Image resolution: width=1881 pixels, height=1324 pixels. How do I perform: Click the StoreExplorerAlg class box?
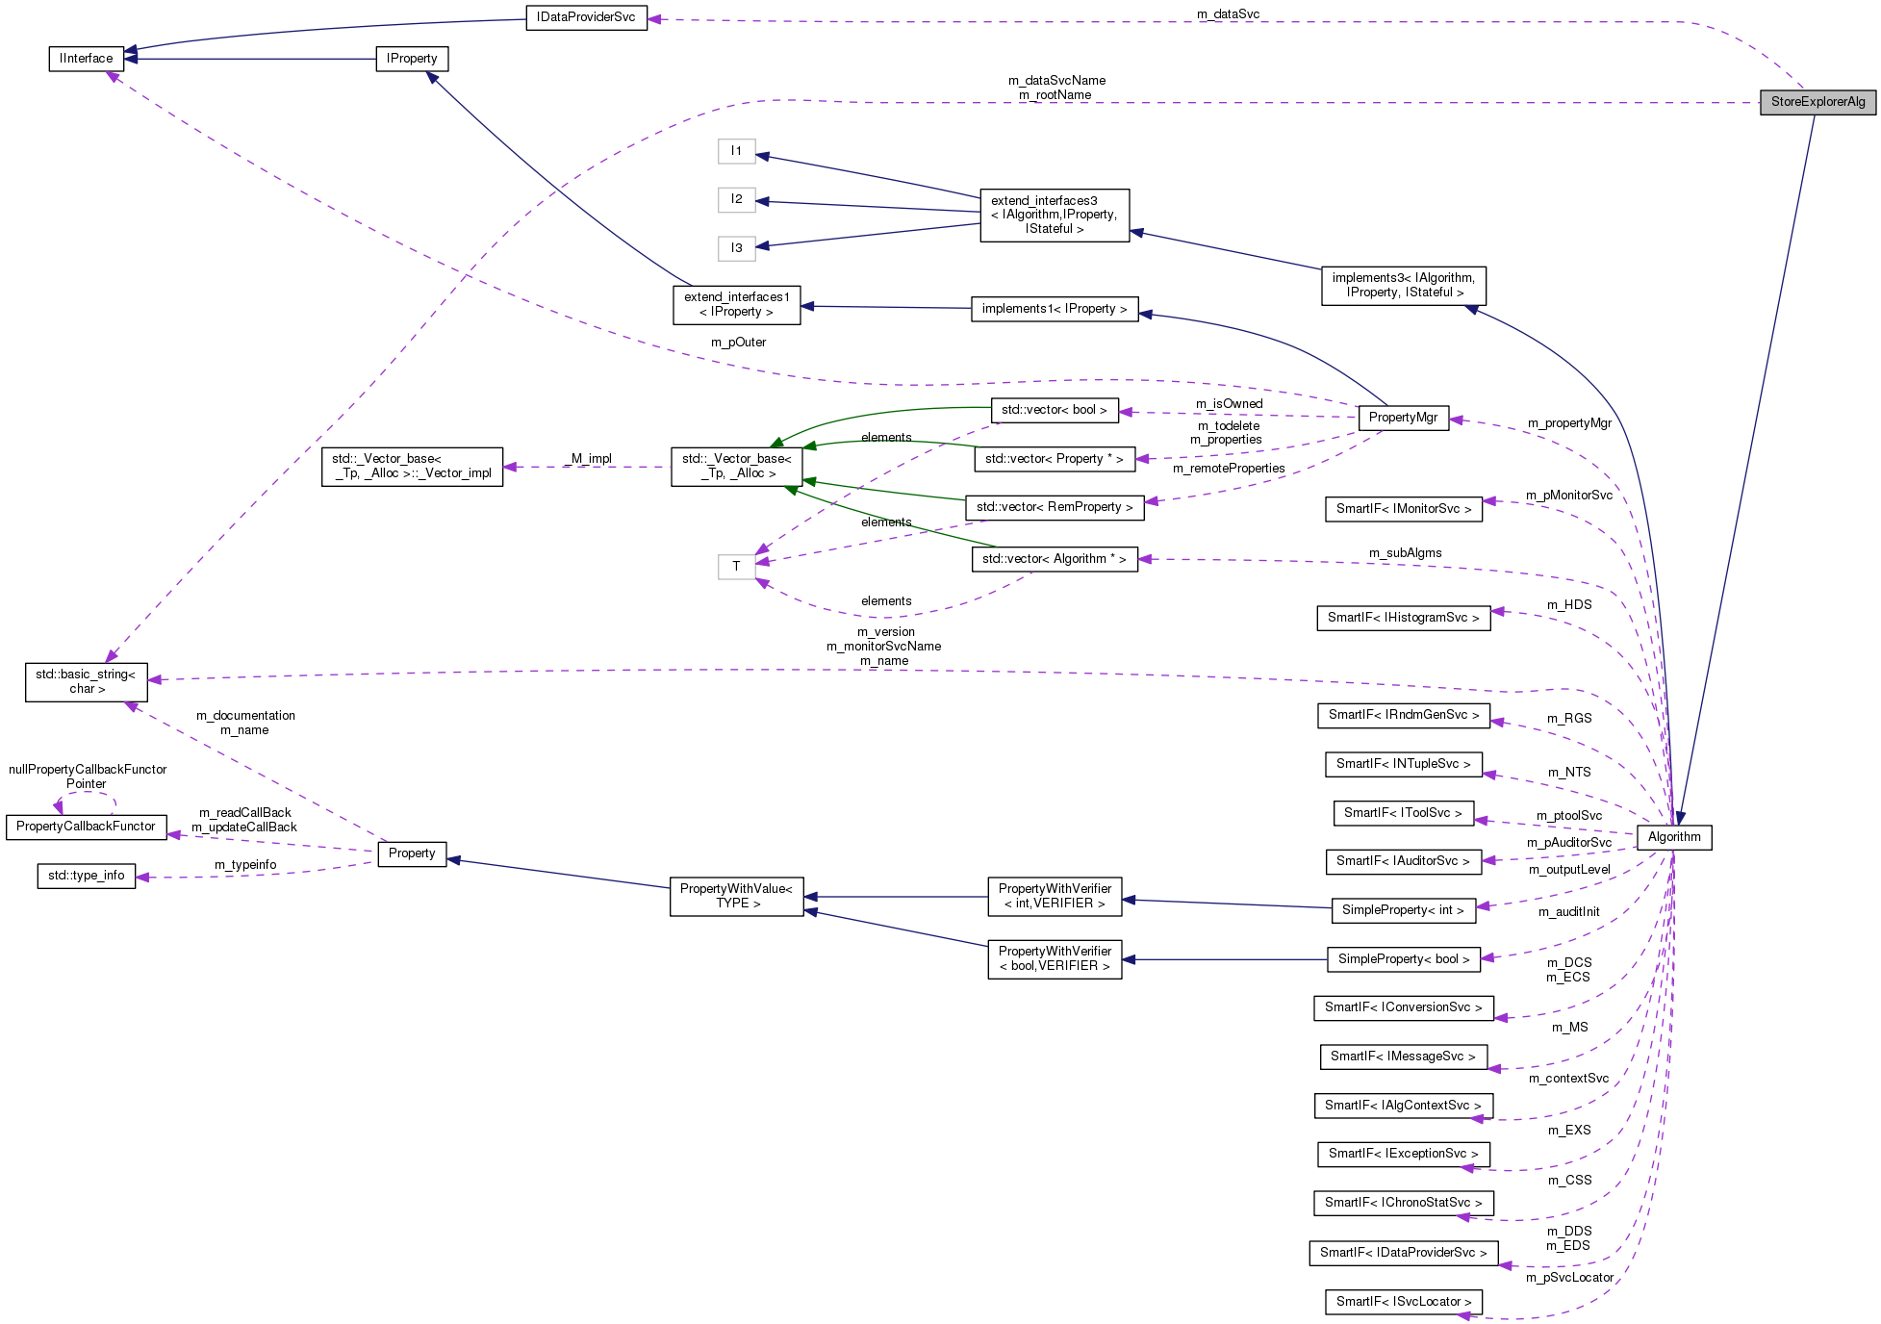tap(1817, 102)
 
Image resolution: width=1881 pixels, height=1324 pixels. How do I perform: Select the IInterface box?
tap(87, 59)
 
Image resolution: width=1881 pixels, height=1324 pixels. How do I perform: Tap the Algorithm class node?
tap(1673, 837)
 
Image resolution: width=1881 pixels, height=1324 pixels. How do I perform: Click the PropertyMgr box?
tap(1402, 418)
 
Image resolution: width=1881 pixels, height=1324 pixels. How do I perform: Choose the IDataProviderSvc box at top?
tap(586, 17)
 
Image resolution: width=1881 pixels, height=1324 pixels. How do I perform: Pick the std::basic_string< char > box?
tap(87, 681)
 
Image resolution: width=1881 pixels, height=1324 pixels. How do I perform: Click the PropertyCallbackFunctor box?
tap(86, 827)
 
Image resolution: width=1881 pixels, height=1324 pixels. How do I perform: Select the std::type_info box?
tap(87, 876)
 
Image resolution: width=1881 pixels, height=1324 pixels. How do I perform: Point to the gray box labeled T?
tap(736, 567)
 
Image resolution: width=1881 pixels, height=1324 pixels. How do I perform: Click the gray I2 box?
tap(736, 199)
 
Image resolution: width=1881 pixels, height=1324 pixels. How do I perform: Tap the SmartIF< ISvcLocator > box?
tap(1403, 1302)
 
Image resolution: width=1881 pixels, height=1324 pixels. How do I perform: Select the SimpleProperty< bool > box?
tap(1403, 959)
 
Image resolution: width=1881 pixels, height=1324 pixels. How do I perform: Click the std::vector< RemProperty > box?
tap(1054, 507)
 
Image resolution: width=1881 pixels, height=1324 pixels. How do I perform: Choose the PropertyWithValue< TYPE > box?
tap(736, 896)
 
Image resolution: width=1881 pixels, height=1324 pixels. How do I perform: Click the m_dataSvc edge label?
tap(1228, 13)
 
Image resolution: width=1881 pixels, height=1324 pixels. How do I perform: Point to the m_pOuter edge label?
tap(738, 343)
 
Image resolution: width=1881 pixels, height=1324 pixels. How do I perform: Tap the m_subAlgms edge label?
tap(1405, 553)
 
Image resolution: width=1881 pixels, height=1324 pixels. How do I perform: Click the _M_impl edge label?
tap(591, 459)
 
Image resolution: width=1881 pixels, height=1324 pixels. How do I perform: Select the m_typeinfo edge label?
tap(245, 865)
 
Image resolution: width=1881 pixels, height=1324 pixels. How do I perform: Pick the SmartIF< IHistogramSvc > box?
tap(1403, 618)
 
